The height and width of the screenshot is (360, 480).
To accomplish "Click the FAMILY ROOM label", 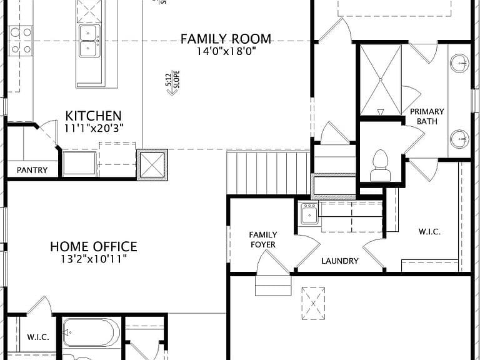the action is point(226,39).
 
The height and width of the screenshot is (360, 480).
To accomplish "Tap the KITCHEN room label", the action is point(93,116).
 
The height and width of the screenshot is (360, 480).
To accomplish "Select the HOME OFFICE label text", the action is point(94,246).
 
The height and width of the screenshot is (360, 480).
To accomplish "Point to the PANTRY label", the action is point(32,170).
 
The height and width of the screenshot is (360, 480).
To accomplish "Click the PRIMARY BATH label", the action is point(427,116).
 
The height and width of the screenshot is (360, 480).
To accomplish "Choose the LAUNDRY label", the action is point(340,261).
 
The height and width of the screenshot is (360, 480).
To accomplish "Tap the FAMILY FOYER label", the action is point(263,239).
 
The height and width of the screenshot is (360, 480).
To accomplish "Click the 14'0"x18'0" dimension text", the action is point(226,51).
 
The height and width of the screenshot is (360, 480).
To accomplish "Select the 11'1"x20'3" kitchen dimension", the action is point(94,128).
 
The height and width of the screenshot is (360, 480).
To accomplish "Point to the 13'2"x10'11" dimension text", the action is point(94,259).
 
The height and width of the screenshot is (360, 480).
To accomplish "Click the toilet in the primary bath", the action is point(381,166).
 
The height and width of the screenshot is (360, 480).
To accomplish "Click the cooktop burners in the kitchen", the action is point(21,41).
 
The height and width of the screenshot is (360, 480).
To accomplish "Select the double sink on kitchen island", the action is point(89,41).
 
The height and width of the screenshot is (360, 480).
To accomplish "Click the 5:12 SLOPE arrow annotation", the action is point(173,83).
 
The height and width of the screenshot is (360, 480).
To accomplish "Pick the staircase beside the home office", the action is point(269,173).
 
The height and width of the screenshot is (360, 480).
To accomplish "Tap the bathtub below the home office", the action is point(91,332).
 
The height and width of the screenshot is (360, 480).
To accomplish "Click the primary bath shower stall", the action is point(381,80).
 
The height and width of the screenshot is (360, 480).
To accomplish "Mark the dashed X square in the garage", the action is point(313,303).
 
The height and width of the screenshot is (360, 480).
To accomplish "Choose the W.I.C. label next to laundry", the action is point(429,232).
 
